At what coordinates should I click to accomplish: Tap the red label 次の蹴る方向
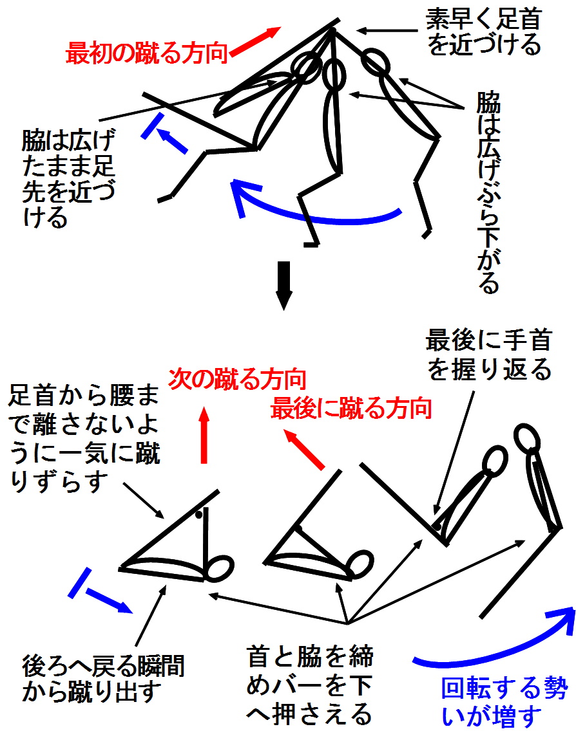238,379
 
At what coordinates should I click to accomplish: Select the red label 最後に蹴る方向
351,408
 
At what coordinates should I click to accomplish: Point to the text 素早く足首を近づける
484,32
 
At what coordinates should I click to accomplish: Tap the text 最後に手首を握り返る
488,355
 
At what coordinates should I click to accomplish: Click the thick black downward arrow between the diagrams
283,285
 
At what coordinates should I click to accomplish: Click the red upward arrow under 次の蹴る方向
204,436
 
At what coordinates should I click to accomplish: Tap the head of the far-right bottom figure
526,437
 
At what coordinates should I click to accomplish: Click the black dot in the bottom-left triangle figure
199,515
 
